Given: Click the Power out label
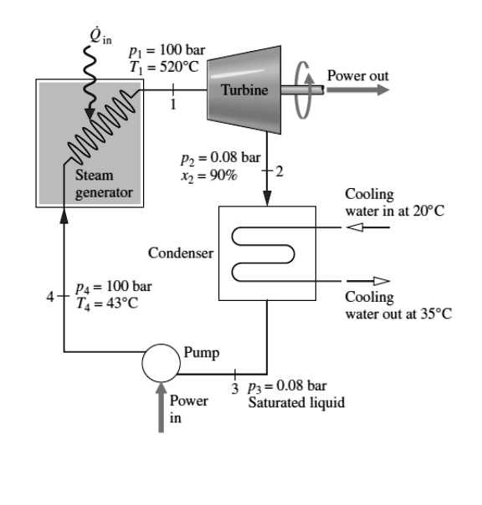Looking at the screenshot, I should [x=357, y=76].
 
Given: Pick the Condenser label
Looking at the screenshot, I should [x=176, y=252].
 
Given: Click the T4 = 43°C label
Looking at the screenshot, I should [x=106, y=303].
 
